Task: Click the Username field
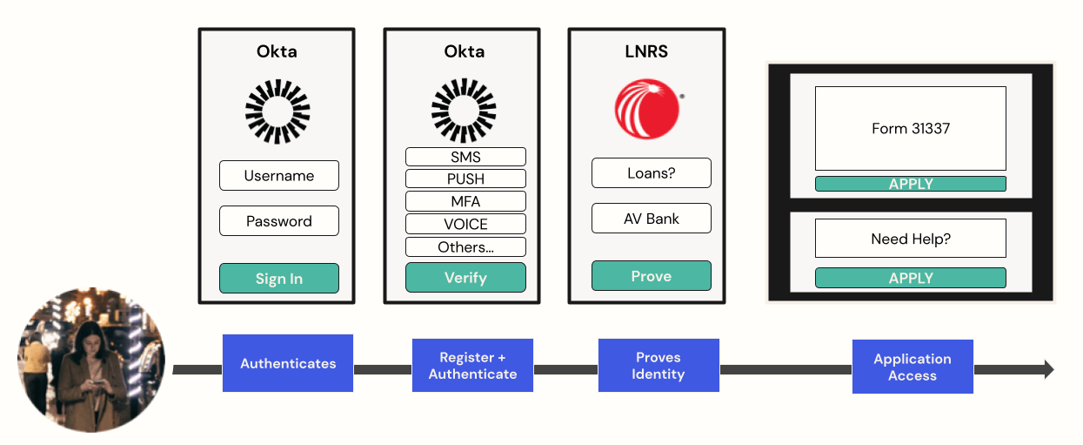(x=278, y=176)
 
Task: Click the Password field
(x=278, y=221)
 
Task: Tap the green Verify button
(x=465, y=278)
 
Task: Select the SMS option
(x=465, y=158)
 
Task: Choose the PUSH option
(x=465, y=179)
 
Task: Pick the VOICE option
(x=465, y=225)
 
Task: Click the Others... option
(x=465, y=247)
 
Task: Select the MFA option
(x=465, y=202)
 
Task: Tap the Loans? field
(x=651, y=173)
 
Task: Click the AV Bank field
(x=651, y=219)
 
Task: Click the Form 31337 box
(x=910, y=129)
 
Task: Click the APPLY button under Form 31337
(x=910, y=184)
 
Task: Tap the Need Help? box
(x=910, y=239)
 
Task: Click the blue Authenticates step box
(x=288, y=363)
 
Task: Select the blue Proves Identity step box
(x=658, y=366)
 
